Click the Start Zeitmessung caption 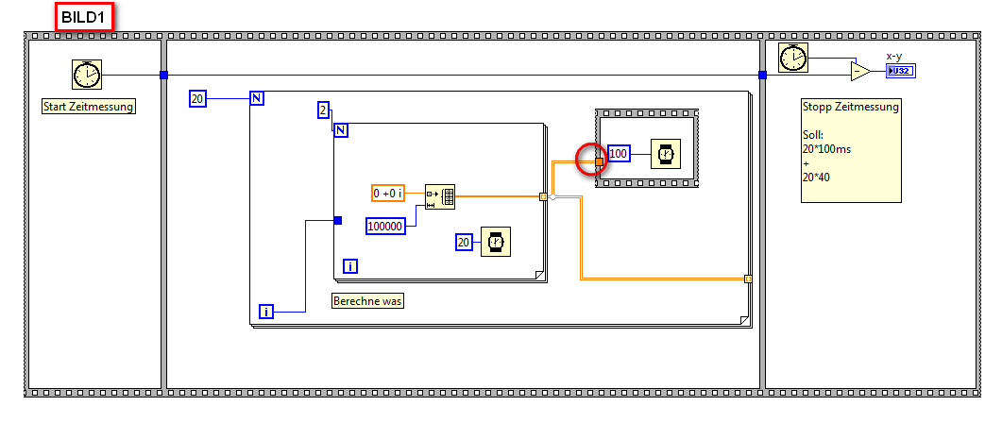89,107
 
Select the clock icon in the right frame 792,59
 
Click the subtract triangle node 859,72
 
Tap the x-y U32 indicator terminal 899,71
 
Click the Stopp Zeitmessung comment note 850,149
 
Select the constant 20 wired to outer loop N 197,97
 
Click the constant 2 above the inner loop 323,111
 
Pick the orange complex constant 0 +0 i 388,194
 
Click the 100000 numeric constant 385,226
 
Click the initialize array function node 439,196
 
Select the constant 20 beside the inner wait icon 464,243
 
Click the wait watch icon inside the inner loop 493,243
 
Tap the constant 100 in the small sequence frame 618,153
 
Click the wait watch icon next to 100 665,153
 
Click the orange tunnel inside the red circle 599,161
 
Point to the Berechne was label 368,301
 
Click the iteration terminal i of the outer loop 266,311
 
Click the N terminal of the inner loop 341,130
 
